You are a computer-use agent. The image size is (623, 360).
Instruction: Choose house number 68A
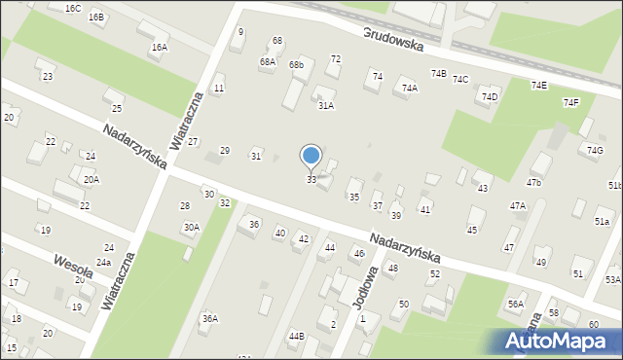pyautogui.click(x=267, y=61)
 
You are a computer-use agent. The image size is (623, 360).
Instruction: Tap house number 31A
pyautogui.click(x=325, y=105)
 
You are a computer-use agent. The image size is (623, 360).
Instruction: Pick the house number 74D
pyautogui.click(x=489, y=97)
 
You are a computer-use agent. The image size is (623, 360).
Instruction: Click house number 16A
pyautogui.click(x=159, y=47)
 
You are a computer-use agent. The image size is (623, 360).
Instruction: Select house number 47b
pyautogui.click(x=532, y=182)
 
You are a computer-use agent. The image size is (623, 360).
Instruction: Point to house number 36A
pyautogui.click(x=209, y=318)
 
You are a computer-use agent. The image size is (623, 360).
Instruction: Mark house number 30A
pyautogui.click(x=191, y=227)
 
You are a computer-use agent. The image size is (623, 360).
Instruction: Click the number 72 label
pyautogui.click(x=335, y=59)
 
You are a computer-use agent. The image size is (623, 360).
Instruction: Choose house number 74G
pyautogui.click(x=595, y=149)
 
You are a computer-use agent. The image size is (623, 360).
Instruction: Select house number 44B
pyautogui.click(x=296, y=336)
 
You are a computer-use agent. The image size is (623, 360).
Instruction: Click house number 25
pyautogui.click(x=117, y=108)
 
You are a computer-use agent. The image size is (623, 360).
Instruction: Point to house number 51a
pyautogui.click(x=602, y=222)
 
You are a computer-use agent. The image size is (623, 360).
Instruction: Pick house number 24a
pyautogui.click(x=102, y=263)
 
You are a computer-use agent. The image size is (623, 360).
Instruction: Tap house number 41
pyautogui.click(x=424, y=209)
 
